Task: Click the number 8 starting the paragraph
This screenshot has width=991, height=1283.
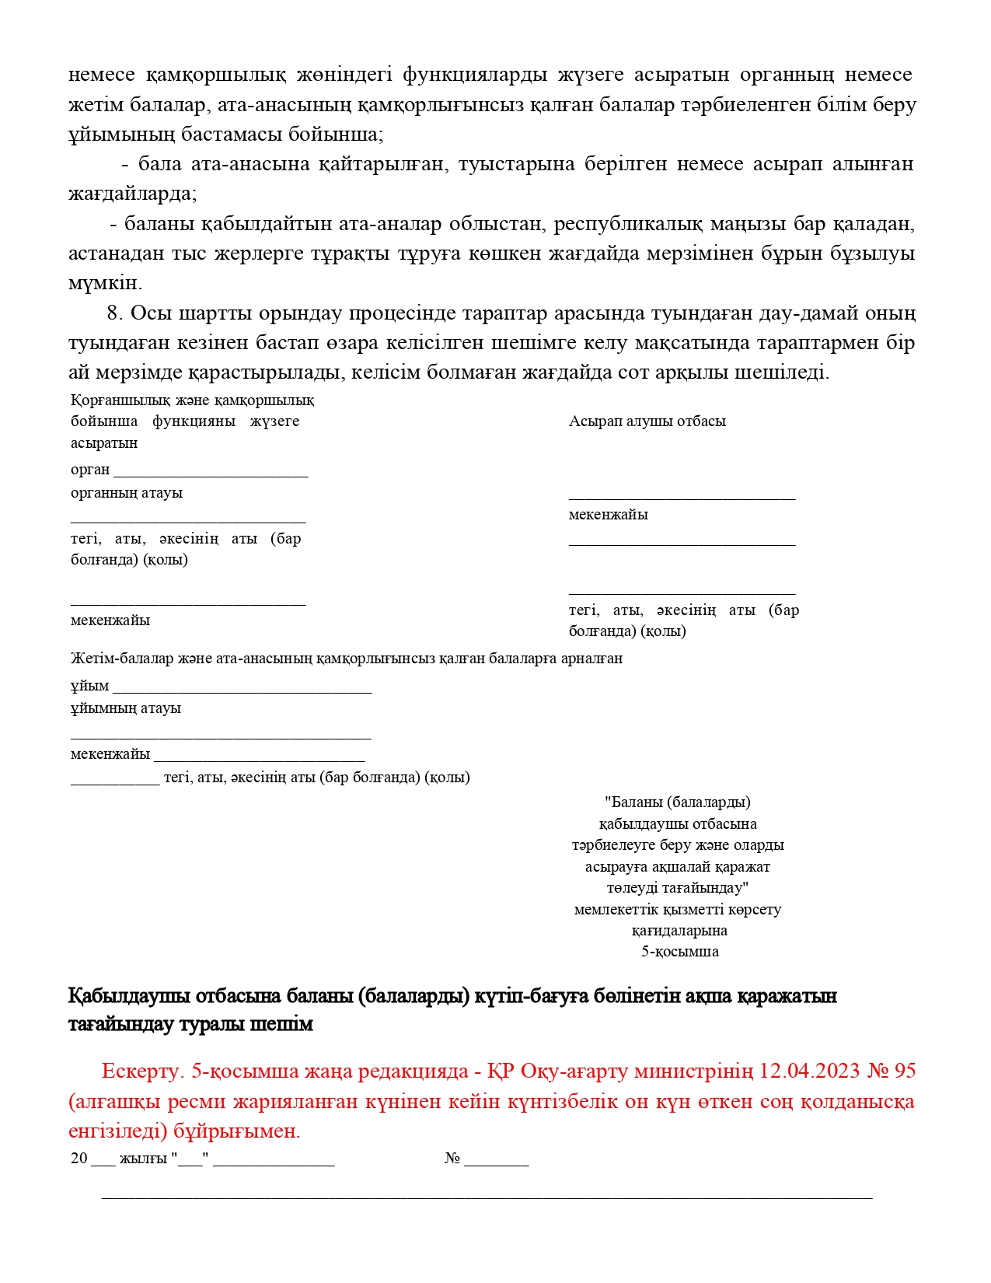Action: point(114,313)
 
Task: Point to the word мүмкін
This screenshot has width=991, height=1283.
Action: point(105,283)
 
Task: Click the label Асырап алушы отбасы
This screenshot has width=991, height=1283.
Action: point(647,421)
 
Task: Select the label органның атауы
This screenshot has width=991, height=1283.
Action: point(127,493)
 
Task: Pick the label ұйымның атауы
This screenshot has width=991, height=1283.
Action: point(126,708)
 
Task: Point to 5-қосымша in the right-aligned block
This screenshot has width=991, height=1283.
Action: point(679,952)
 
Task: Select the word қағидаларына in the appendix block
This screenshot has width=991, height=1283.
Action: point(679,931)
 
